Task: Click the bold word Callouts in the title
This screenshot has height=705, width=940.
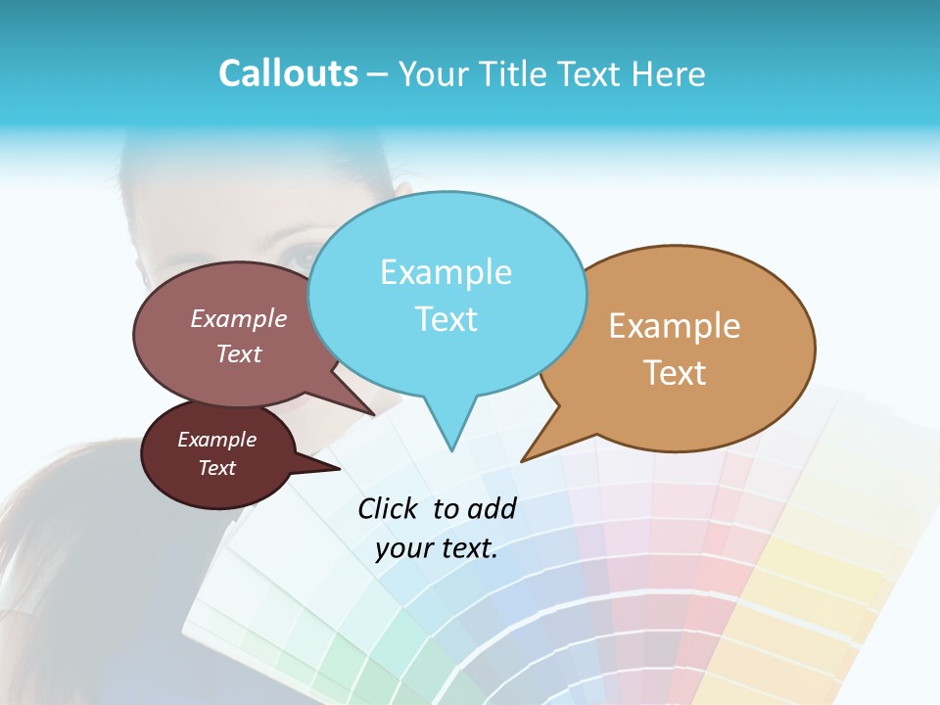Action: [288, 73]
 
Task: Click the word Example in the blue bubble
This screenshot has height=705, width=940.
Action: [446, 272]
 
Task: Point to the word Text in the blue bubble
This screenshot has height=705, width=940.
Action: [446, 319]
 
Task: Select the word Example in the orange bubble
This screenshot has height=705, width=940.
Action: [675, 326]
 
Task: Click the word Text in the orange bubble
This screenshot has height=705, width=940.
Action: [675, 373]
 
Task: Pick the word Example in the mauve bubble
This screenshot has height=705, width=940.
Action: [239, 319]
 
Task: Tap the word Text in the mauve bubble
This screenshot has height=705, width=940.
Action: [239, 353]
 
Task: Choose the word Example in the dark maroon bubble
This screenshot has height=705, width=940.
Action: [216, 440]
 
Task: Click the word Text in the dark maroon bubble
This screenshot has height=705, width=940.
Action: [216, 468]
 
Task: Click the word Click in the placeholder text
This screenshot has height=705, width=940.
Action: [390, 508]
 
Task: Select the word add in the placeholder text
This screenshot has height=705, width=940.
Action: [493, 508]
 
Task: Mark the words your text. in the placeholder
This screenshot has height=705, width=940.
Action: [437, 549]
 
